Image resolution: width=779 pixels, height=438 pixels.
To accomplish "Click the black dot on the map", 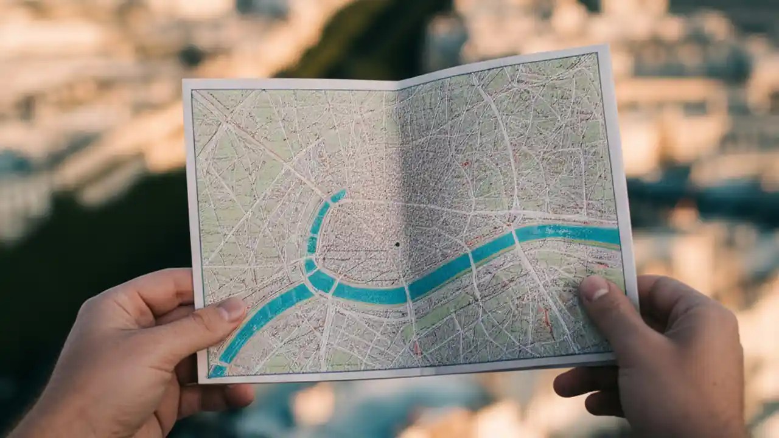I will [x=397, y=245].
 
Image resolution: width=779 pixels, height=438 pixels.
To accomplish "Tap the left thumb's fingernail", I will [x=232, y=309].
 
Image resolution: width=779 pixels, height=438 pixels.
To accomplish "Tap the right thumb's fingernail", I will [x=594, y=288].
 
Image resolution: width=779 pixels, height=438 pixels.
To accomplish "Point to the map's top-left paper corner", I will [x=184, y=80].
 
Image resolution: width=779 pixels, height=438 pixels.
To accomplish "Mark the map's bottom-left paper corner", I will [x=199, y=383].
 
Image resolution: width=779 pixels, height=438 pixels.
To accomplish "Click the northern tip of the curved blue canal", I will [x=339, y=195].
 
